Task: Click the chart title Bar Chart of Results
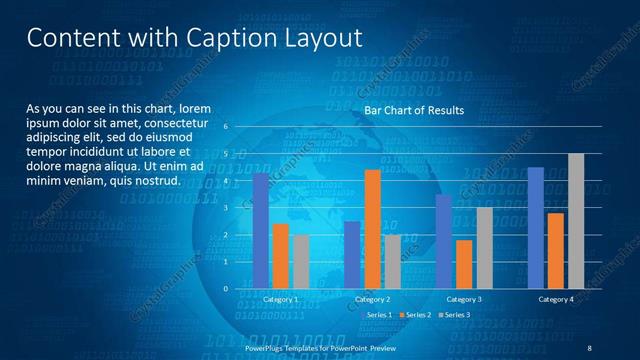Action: pos(413,110)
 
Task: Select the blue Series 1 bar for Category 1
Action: pos(261,231)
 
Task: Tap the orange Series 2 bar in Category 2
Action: pos(372,229)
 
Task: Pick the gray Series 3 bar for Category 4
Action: pos(576,221)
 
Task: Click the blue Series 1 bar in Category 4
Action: pos(535,228)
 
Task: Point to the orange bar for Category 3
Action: pos(464,264)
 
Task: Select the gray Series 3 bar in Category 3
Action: pos(484,247)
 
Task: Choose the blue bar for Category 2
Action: pos(352,255)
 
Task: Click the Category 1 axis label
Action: pos(281,299)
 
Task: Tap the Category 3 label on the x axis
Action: pos(464,299)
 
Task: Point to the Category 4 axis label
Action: pos(555,299)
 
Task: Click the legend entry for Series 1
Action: pos(377,315)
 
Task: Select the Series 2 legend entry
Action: pos(415,315)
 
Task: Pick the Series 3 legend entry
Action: pos(453,315)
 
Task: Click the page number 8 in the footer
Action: pos(589,347)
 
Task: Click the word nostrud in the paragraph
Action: pos(158,181)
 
